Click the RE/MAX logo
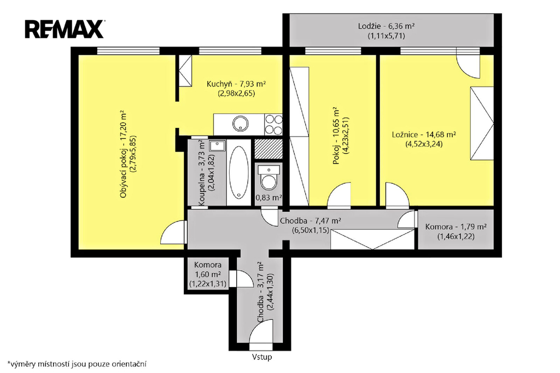coord(65,30)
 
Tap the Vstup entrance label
coord(262,357)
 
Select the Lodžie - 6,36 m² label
coord(386,26)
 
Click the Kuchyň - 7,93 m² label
coord(236,84)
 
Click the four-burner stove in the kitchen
coord(273,124)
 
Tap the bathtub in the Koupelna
coord(238,173)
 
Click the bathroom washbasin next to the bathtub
coord(217,146)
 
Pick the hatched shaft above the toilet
coord(268,148)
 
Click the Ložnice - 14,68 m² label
coord(424,135)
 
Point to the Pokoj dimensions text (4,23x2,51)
coord(346,136)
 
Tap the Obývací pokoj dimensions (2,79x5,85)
coord(133,154)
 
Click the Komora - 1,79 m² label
coord(456,227)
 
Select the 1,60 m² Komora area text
coord(207,275)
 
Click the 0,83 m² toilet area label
coord(269,197)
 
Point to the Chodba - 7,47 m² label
coord(310,221)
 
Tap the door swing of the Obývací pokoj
coord(173,232)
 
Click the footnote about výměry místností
coord(77,364)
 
